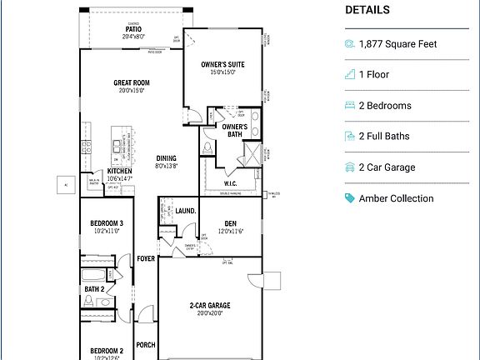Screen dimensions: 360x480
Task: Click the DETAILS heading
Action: tap(367, 11)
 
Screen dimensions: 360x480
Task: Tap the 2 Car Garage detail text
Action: tap(387, 167)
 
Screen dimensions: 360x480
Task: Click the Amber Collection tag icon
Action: tap(350, 198)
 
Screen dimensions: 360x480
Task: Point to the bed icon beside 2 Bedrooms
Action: tap(350, 106)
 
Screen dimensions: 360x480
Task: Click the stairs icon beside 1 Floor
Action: tap(350, 75)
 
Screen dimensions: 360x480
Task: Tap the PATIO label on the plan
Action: tap(133, 28)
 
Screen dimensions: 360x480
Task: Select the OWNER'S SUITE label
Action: tap(222, 64)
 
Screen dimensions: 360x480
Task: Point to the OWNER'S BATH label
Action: tap(235, 130)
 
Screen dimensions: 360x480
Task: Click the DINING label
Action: tap(167, 158)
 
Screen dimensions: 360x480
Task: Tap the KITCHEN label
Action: tap(119, 171)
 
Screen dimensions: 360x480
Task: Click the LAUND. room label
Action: tap(186, 211)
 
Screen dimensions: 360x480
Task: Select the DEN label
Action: tap(229, 222)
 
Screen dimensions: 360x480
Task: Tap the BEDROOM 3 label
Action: tap(107, 223)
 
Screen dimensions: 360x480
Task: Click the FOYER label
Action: tap(147, 258)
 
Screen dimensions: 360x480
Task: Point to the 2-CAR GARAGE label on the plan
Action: tap(210, 306)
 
